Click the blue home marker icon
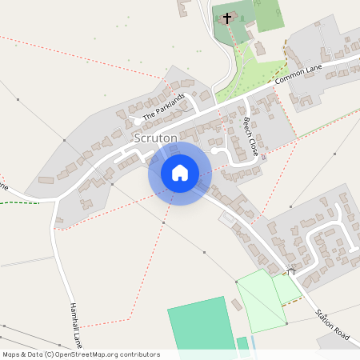(x=180, y=173)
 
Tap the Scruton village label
(x=155, y=138)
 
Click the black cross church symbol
(x=227, y=18)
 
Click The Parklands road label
(x=163, y=107)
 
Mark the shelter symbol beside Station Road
(x=292, y=272)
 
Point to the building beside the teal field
(x=237, y=306)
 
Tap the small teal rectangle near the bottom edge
(x=242, y=343)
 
